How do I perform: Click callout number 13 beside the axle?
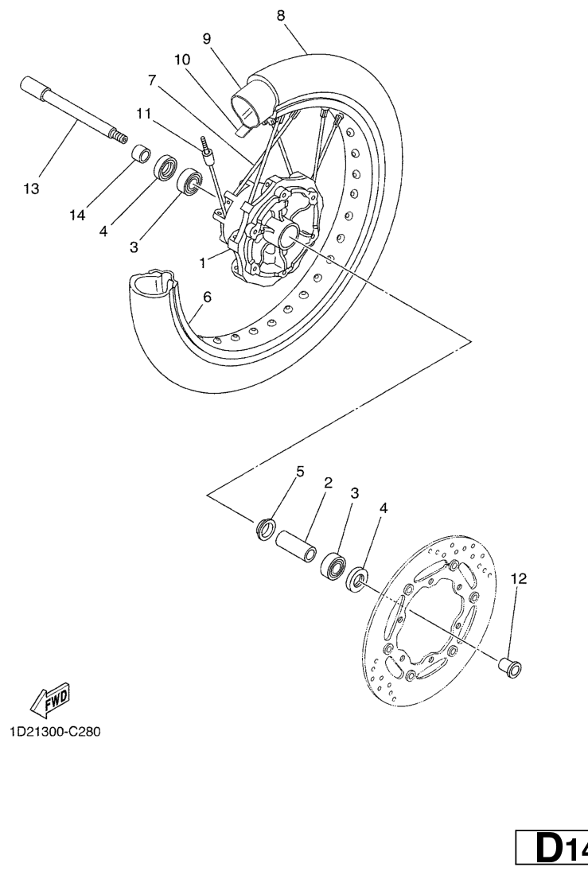coord(31,189)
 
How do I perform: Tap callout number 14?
coord(77,215)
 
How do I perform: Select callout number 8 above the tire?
coord(280,16)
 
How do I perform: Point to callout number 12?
coord(519,578)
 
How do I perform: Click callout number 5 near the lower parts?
coord(300,472)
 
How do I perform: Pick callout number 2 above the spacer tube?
coord(328,483)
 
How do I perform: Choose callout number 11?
coord(143,114)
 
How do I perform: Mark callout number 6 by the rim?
coord(207,297)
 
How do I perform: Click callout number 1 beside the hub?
coord(203,262)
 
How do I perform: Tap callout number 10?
coord(182,60)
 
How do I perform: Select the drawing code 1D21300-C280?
coord(55,731)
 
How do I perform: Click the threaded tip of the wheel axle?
coord(117,136)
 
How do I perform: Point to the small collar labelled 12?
coord(511,667)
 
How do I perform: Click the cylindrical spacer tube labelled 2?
coord(296,546)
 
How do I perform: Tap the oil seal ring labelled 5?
coord(266,530)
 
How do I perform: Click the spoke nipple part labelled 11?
coord(208,152)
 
